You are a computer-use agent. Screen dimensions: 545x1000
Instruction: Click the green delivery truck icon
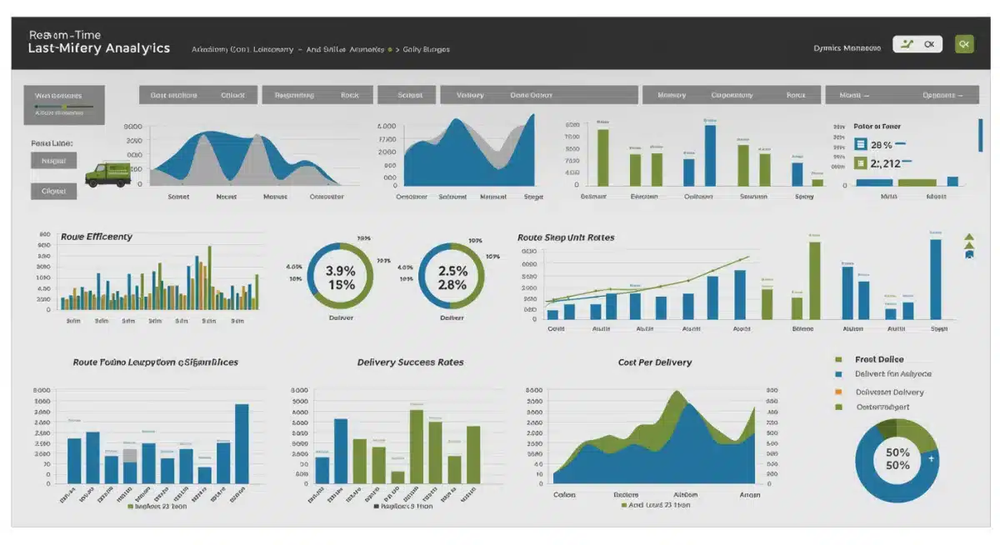pos(108,173)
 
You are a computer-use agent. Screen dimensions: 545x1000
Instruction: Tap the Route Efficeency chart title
pos(97,237)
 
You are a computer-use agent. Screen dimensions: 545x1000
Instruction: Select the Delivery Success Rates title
pos(410,362)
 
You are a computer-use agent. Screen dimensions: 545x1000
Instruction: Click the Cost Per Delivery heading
pos(654,362)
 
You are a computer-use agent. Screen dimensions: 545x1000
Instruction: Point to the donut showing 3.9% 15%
pos(340,276)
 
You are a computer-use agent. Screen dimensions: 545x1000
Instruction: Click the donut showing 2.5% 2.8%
pos(451,276)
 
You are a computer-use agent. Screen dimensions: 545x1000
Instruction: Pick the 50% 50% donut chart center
pos(897,459)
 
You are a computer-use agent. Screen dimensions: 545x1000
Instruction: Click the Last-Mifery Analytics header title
pos(98,48)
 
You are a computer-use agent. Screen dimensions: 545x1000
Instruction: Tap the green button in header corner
pos(964,44)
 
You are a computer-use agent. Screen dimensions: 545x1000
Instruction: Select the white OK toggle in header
pos(917,44)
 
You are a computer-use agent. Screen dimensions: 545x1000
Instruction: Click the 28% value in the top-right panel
pos(881,145)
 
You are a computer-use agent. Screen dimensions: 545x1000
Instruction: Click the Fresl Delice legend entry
pos(879,359)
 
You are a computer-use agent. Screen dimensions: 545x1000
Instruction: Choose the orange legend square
pos(838,391)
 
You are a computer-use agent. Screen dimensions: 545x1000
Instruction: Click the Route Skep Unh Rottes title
pos(566,237)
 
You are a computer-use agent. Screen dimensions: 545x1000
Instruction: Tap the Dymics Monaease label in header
pos(847,48)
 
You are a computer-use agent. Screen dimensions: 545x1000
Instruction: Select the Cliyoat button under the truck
pos(54,191)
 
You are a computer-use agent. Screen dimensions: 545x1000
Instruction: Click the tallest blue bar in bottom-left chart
pos(242,443)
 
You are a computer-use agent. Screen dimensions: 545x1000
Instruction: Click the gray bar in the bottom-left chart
pos(130,456)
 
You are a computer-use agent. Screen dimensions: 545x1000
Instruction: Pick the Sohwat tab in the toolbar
pos(409,95)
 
